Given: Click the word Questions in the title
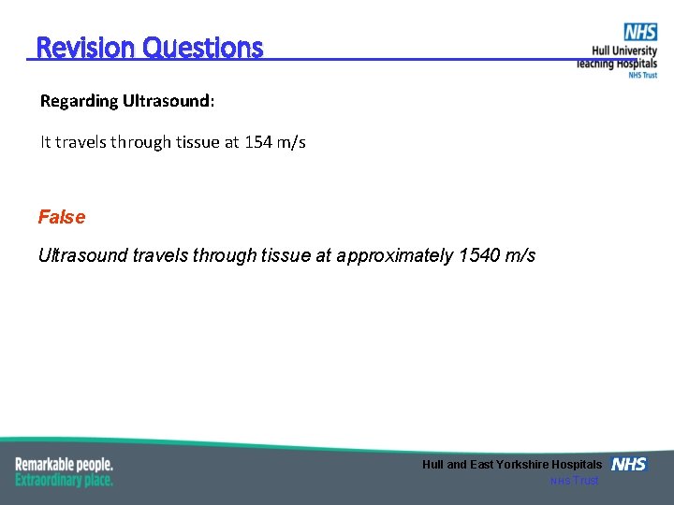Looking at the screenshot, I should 203,48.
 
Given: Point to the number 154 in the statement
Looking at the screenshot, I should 256,142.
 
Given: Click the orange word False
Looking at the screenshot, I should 62,217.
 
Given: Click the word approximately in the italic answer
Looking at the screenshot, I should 395,255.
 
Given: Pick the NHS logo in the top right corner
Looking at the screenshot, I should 640,33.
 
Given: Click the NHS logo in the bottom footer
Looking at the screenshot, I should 629,464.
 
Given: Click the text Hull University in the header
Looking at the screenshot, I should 624,51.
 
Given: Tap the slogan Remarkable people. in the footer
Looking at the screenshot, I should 64,464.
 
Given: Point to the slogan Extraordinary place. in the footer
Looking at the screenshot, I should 64,480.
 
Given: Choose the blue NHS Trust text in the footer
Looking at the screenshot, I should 574,481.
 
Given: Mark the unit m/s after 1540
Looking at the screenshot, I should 518,255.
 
